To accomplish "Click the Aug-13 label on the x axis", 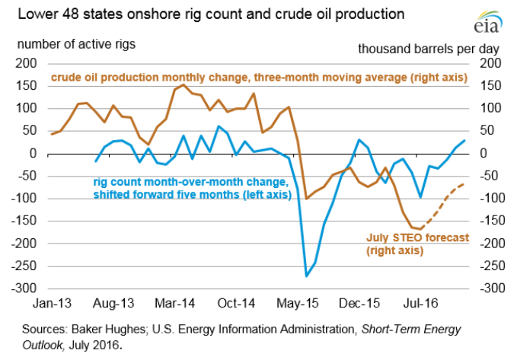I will pyautogui.click(x=113, y=301).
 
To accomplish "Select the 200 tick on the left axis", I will pyautogui.click(x=27, y=62).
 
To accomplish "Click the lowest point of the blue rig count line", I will pyautogui.click(x=307, y=276).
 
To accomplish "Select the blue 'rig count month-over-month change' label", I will pyautogui.click(x=190, y=188).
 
